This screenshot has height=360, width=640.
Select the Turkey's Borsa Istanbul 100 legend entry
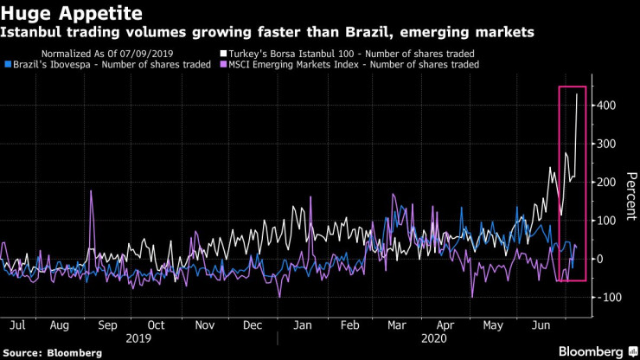pyautogui.click(x=349, y=53)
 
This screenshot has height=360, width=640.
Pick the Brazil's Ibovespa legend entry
pyautogui.click(x=107, y=64)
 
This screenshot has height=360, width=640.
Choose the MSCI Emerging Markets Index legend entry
pyautogui.click(x=354, y=64)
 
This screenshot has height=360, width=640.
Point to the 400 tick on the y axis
pyautogui.click(x=608, y=106)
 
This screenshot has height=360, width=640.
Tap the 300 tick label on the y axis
pyautogui.click(x=608, y=144)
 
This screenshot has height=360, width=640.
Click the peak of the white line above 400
pyautogui.click(x=577, y=93)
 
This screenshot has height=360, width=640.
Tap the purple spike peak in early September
pyautogui.click(x=91, y=191)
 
